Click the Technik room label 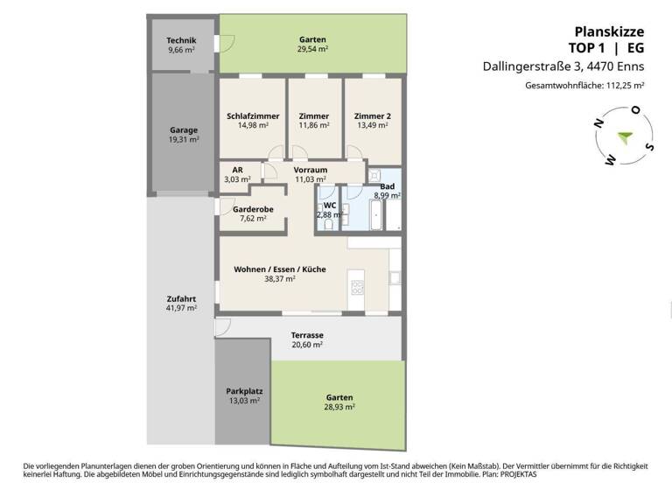181,41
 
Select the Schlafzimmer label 252,115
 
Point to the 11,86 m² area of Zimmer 313,125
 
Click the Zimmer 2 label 372,115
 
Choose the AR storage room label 237,170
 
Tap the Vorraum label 310,170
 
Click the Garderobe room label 254,209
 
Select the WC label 329,205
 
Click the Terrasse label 307,335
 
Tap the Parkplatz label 244,391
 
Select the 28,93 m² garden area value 337,407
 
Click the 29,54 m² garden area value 312,50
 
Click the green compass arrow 623,136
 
